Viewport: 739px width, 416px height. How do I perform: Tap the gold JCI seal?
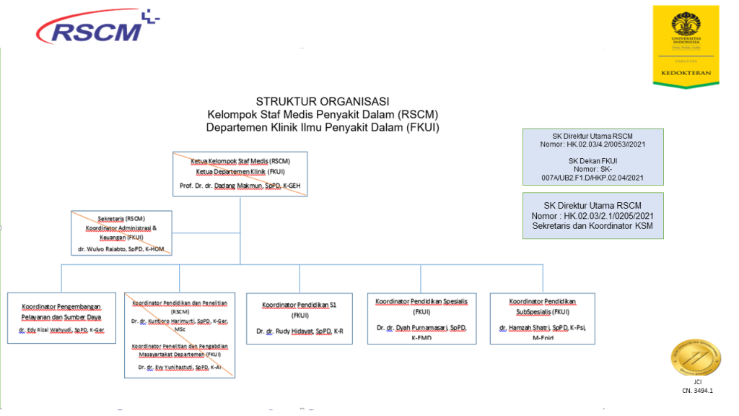(696, 357)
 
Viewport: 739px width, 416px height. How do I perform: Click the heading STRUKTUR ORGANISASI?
(323, 102)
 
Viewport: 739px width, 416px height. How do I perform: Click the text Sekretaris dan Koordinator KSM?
(592, 226)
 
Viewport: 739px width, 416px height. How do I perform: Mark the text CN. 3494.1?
(697, 391)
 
